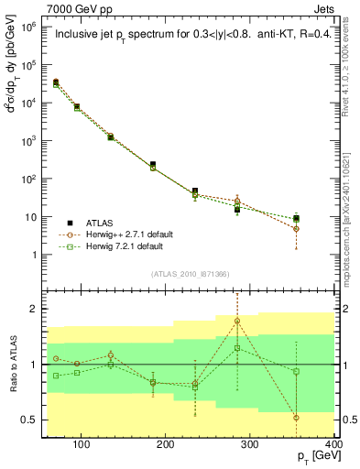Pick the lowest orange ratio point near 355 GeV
click(x=322, y=418)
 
